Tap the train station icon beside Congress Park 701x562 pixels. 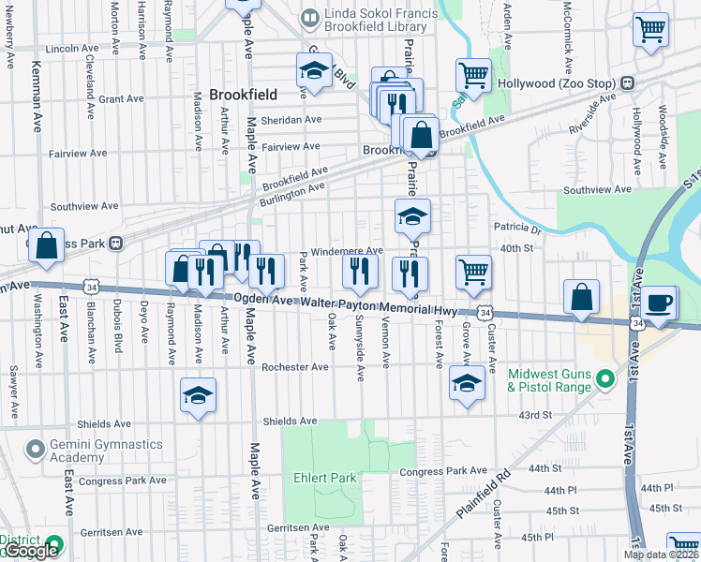click(x=116, y=244)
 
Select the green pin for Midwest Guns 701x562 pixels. click(x=605, y=379)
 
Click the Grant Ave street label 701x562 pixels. click(x=121, y=97)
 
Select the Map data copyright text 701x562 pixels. click(x=661, y=555)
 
